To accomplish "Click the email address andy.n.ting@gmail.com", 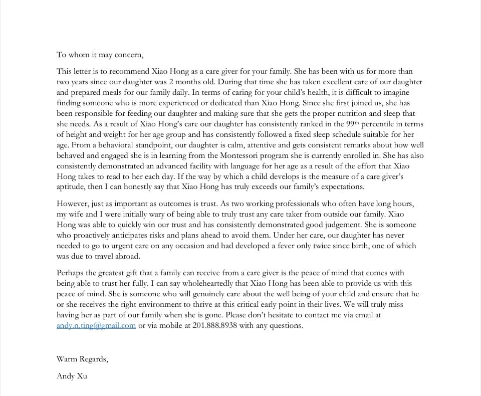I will [96, 326].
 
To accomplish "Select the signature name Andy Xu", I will [72, 376].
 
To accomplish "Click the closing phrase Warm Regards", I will [82, 359].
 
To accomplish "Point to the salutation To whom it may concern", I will [100, 55].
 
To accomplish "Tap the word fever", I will [330, 246].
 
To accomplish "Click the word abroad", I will [126, 256].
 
